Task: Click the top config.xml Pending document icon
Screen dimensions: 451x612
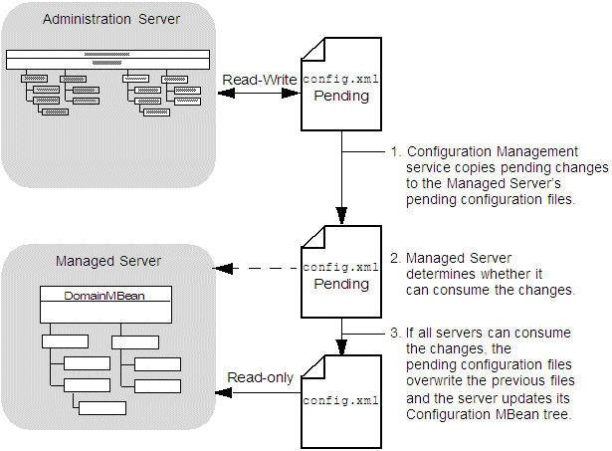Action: click(x=341, y=85)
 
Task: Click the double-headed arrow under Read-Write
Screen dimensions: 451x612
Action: click(x=260, y=94)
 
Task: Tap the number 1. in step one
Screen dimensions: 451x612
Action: click(x=396, y=151)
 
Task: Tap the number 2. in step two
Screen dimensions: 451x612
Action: click(x=396, y=256)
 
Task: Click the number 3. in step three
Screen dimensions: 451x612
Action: click(x=396, y=332)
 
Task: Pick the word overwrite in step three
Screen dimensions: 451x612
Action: click(x=436, y=381)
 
